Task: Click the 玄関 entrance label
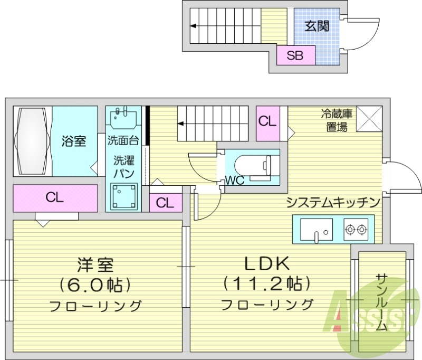coord(317,25)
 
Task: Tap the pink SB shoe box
coord(295,55)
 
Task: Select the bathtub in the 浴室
coord(32,141)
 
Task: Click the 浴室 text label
coord(74,141)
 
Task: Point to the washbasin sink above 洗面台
coord(124,119)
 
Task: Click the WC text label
coord(234,181)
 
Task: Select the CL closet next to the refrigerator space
coord(267,121)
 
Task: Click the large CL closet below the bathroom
coord(55,198)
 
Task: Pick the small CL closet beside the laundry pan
coord(165,202)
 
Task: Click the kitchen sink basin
coord(316,230)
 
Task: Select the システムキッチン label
coord(333,202)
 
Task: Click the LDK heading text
coord(266,262)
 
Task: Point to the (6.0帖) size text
coord(95,285)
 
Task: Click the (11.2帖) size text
coord(266,284)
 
